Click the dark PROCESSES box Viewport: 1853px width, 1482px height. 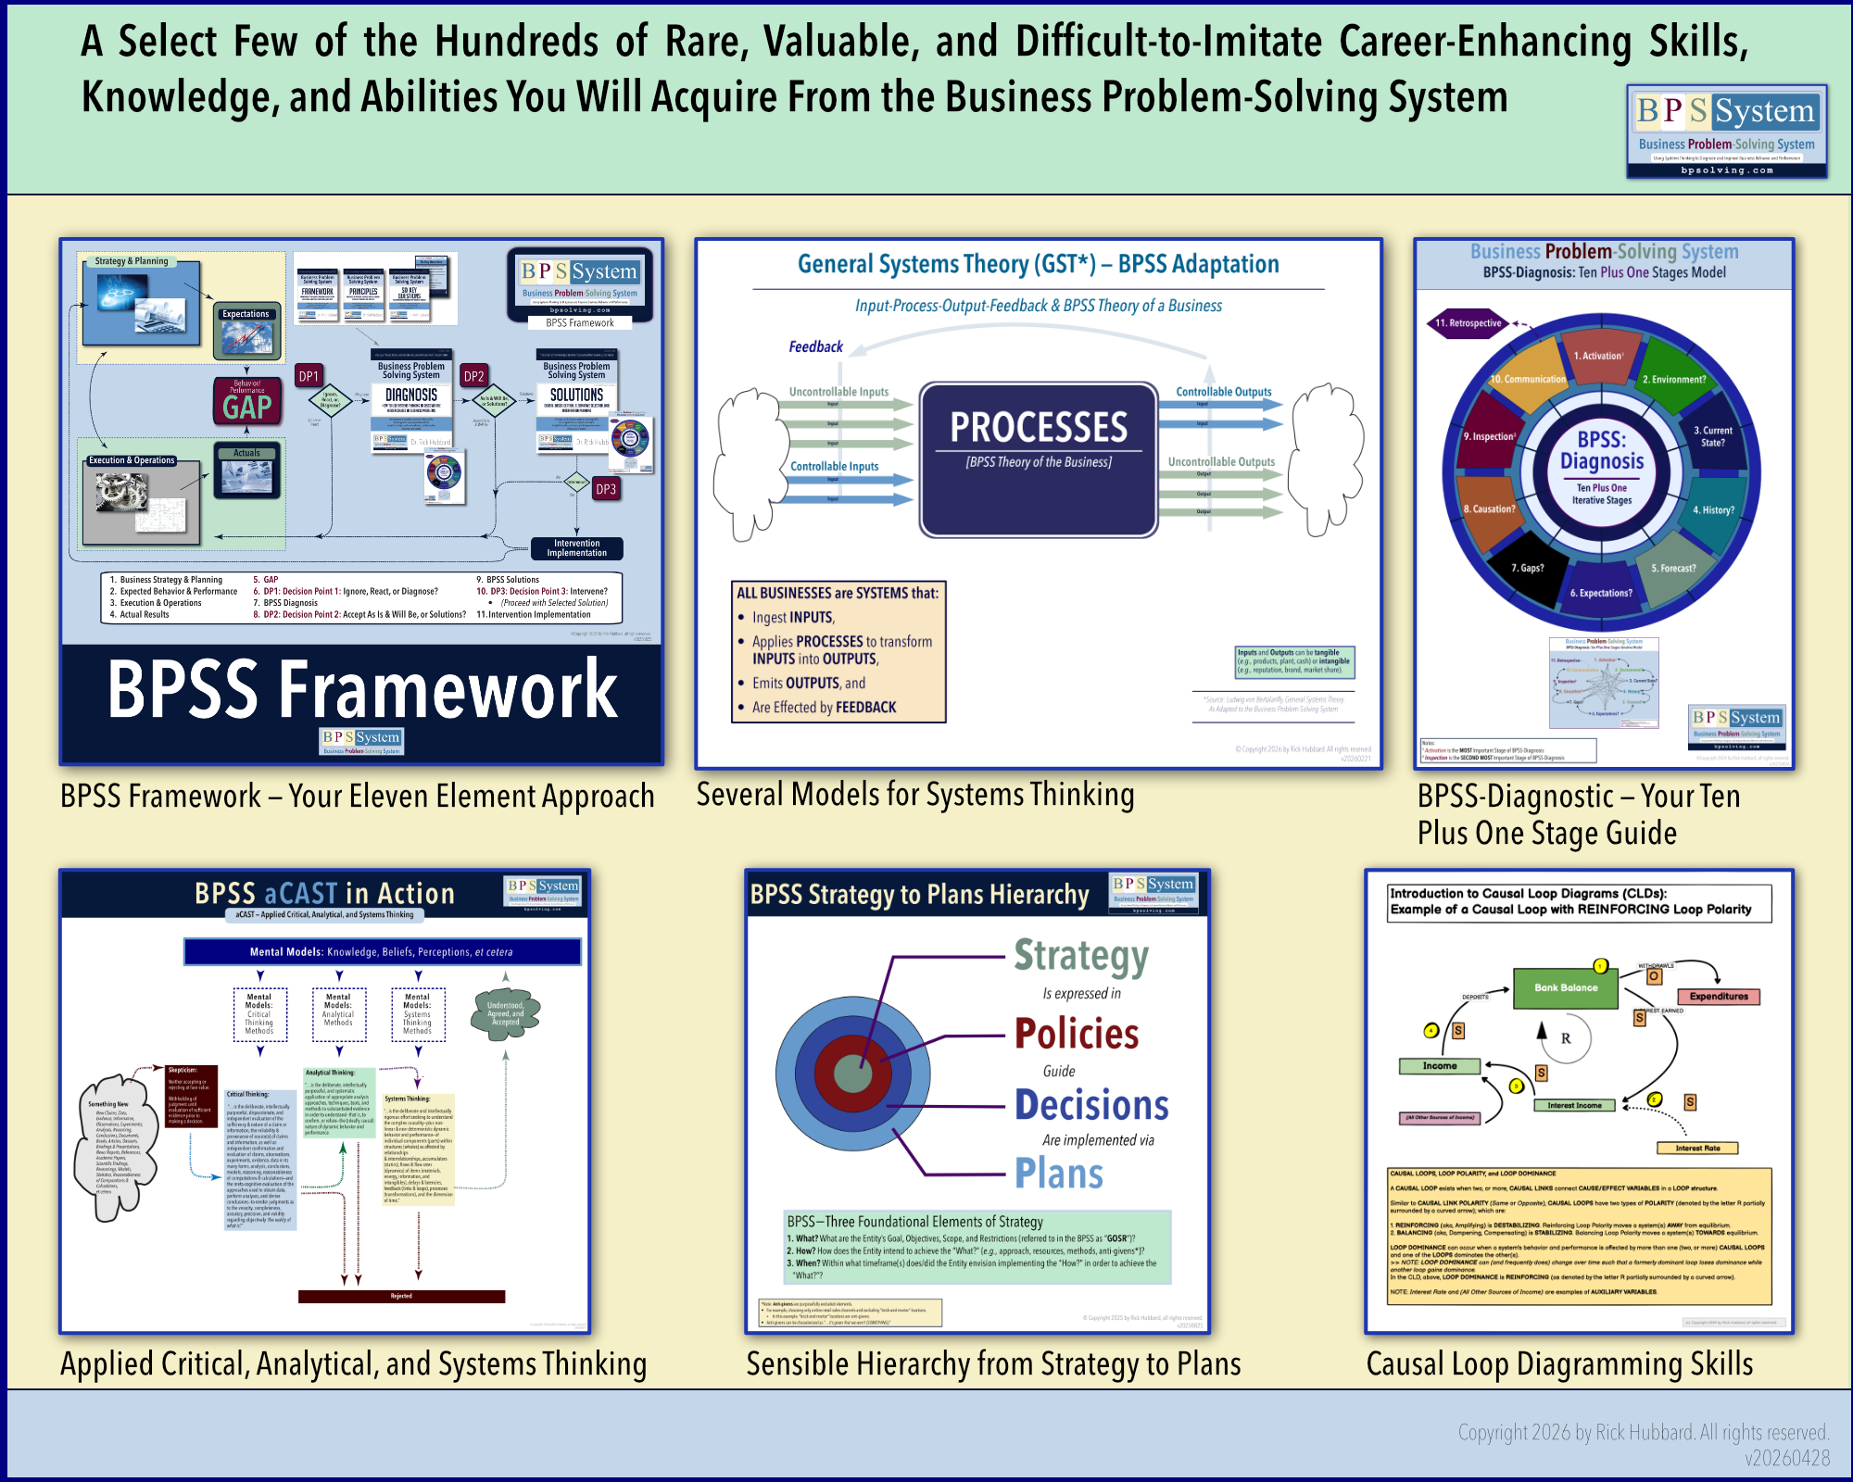tap(1039, 459)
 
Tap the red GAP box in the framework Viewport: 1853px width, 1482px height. tap(247, 401)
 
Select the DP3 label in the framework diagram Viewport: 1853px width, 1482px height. tap(606, 489)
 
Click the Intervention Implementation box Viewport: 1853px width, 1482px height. tap(576, 548)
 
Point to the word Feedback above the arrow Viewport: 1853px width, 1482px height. tap(815, 346)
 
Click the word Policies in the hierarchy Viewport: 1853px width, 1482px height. tap(1077, 1034)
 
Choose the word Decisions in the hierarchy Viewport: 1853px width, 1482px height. tap(1091, 1105)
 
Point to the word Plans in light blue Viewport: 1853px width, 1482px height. tap(1059, 1174)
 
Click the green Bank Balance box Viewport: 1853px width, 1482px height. tap(1566, 987)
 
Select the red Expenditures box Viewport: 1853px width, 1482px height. tap(1719, 997)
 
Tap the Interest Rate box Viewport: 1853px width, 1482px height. tap(1697, 1148)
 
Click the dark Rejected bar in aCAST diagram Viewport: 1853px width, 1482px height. tap(401, 1296)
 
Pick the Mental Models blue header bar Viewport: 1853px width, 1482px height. tap(382, 951)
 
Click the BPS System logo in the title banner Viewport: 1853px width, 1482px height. tap(1727, 131)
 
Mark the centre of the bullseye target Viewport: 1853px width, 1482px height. tap(852, 1074)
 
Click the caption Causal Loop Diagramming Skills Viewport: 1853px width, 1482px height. tap(1559, 1364)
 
